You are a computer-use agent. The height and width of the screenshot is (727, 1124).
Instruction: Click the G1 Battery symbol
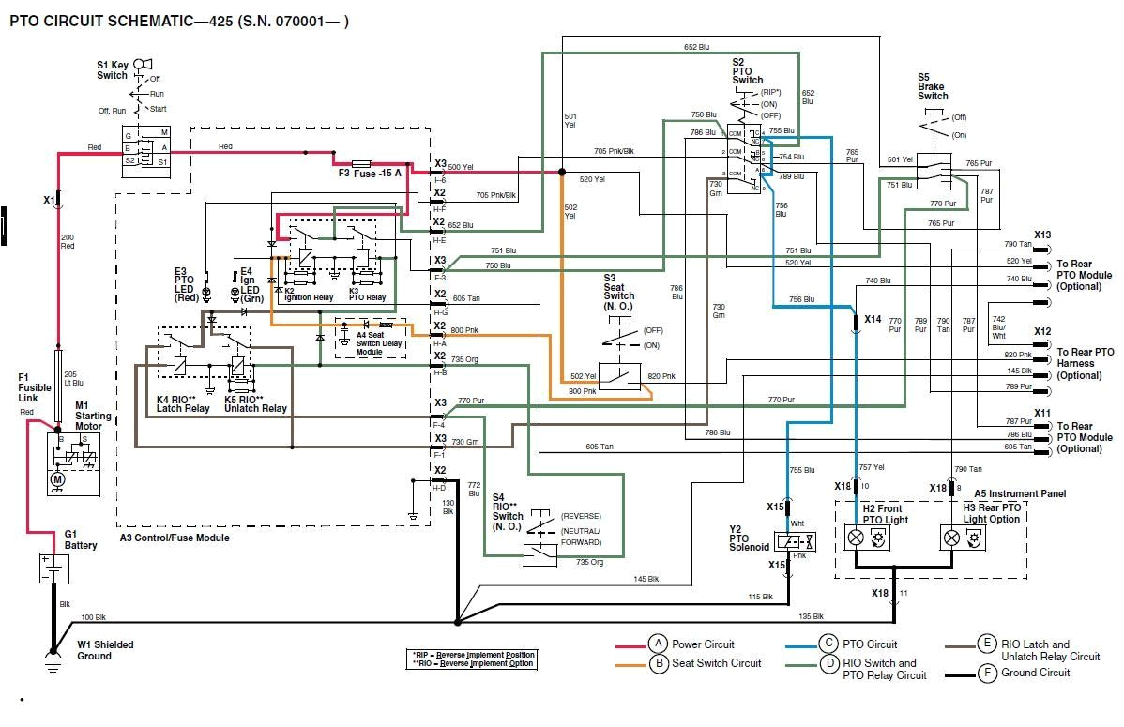click(54, 569)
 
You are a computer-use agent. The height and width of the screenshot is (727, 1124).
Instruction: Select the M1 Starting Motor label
click(93, 416)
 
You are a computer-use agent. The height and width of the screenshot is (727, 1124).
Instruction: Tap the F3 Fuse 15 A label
click(370, 174)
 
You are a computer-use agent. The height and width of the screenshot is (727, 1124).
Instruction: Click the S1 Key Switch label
click(113, 70)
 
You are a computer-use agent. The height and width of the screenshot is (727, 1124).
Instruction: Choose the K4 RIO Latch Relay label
click(183, 403)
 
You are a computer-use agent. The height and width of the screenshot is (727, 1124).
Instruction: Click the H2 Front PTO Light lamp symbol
click(856, 538)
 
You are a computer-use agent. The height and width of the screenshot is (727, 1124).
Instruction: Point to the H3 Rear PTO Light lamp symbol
click(951, 538)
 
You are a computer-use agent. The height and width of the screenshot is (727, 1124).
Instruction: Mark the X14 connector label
click(873, 319)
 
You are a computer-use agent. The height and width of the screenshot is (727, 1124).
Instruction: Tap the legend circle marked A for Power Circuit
click(659, 644)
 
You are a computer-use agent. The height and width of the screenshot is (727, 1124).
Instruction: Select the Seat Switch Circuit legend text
click(716, 663)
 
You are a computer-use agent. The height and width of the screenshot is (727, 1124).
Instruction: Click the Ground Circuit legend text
click(1035, 673)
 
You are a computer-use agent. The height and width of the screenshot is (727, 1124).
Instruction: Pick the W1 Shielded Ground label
click(105, 650)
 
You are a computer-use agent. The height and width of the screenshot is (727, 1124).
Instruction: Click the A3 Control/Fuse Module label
click(174, 538)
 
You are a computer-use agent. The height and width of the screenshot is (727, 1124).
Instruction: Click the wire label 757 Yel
click(872, 466)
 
